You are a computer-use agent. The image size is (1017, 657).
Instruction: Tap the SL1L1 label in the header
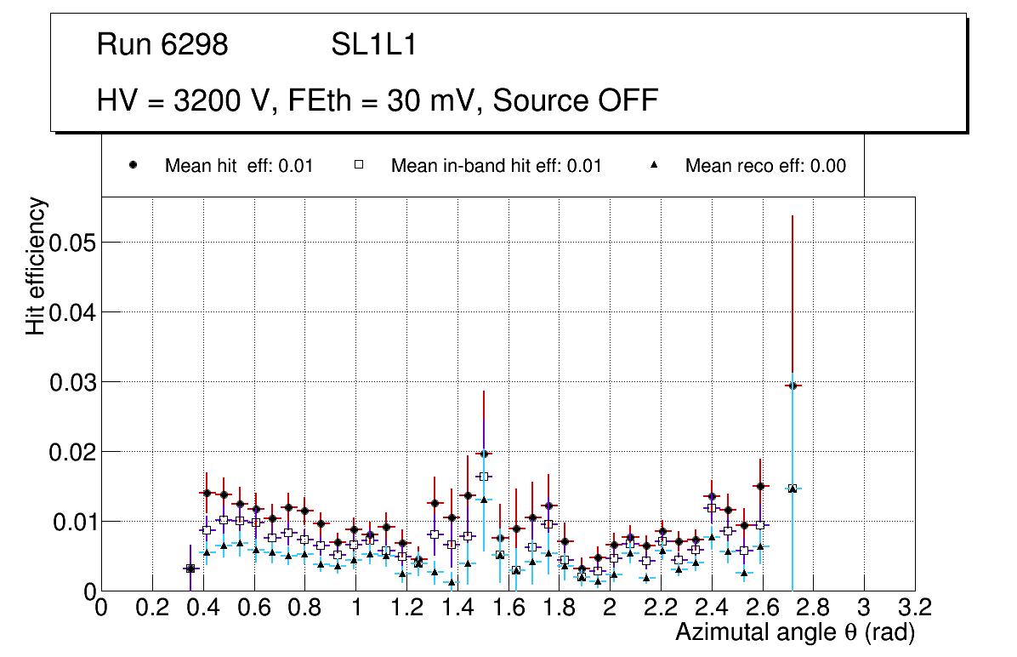tap(373, 45)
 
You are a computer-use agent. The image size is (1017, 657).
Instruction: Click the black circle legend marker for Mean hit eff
tap(133, 166)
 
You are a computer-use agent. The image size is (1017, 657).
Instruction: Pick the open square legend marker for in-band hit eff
tap(359, 166)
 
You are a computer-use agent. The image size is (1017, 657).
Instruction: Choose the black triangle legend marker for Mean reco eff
tap(654, 166)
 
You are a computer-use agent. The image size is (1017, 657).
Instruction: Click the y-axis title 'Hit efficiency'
tap(36, 266)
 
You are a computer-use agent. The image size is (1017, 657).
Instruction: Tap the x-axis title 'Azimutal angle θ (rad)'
tap(795, 632)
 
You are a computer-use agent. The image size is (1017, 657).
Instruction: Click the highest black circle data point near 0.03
tap(793, 386)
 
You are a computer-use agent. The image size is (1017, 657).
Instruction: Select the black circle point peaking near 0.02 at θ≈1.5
tap(484, 454)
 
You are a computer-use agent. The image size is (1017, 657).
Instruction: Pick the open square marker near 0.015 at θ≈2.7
tap(793, 488)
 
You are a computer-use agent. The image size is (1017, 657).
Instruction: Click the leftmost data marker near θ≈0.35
tap(190, 568)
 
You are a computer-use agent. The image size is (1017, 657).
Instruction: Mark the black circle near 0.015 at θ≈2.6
tap(761, 486)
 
